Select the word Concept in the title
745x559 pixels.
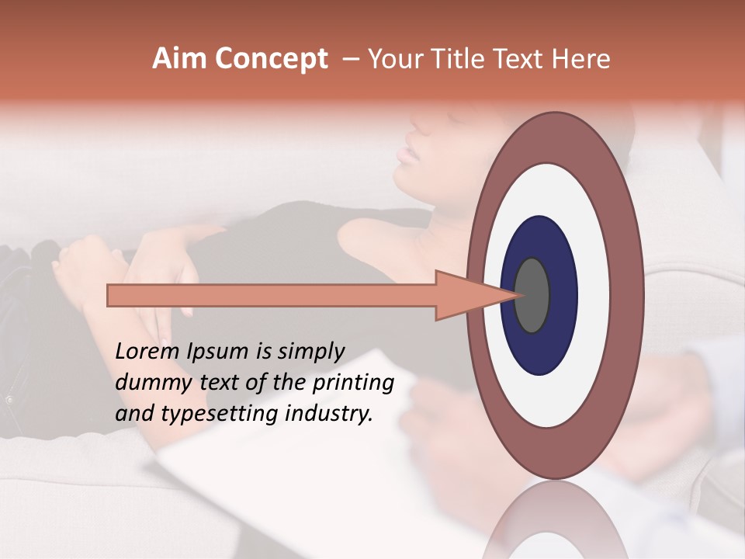[272, 59]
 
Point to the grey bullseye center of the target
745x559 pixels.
[532, 295]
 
